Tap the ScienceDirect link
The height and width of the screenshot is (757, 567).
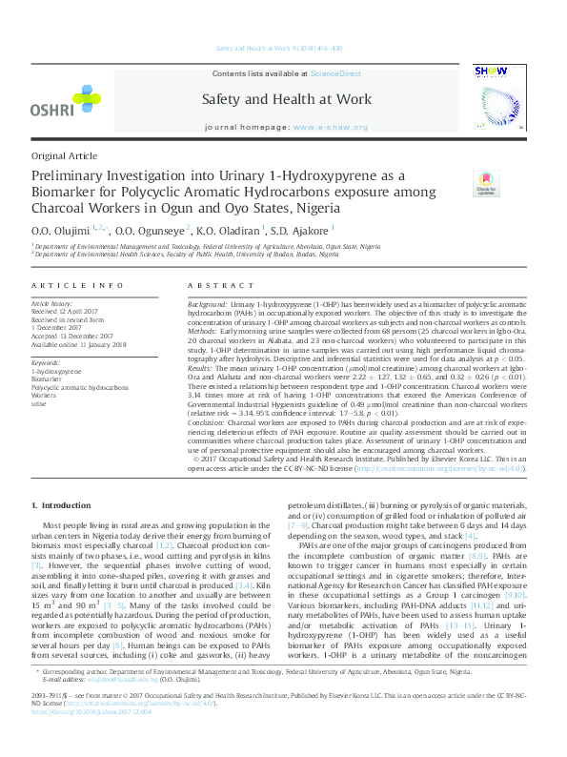coord(336,73)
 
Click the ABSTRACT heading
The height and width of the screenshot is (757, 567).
coord(214,286)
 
